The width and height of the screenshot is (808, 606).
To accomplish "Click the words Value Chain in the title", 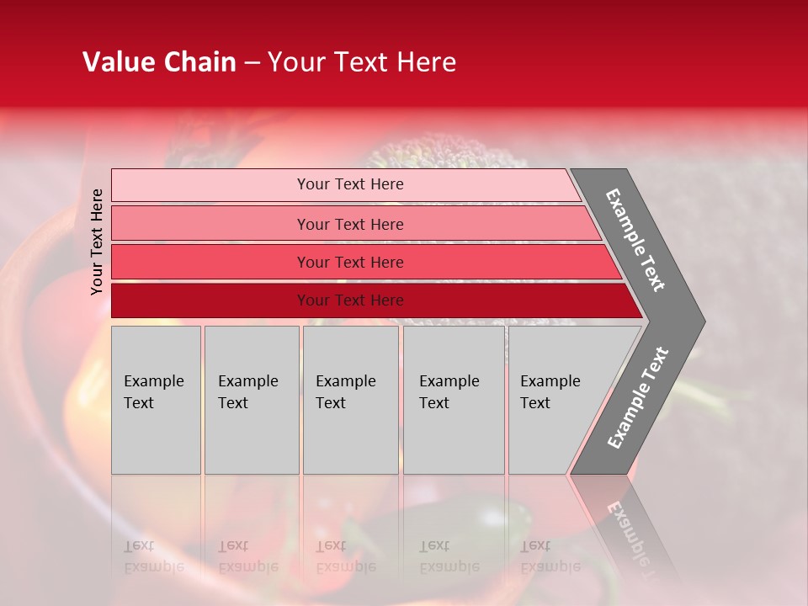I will (159, 62).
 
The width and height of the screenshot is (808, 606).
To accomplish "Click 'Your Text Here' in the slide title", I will (362, 62).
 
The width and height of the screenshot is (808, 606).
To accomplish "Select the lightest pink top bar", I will (210, 185).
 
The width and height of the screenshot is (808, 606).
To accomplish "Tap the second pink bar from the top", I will (210, 224).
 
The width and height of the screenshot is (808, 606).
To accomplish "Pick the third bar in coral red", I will (210, 262).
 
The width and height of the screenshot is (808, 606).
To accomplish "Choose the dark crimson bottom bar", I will (210, 300).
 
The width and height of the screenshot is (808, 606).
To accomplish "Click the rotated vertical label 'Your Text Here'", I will (97, 242).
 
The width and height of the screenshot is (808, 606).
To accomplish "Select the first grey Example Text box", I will (156, 400).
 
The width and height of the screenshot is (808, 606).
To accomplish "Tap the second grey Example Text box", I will (251, 400).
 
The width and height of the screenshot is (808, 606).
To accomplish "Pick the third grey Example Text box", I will (350, 400).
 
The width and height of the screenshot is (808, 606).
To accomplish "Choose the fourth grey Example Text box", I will (454, 400).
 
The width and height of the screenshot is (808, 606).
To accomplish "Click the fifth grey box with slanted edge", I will (555, 400).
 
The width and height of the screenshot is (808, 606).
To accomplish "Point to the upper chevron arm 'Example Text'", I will (635, 240).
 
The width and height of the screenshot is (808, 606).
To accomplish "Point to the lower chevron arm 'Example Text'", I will (637, 398).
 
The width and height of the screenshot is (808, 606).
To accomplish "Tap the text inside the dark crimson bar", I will (350, 300).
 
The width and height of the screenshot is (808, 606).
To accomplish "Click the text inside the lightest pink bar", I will (350, 184).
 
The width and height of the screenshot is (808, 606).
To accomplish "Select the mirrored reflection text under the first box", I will (153, 556).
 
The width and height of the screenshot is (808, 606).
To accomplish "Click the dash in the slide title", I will (252, 63).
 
